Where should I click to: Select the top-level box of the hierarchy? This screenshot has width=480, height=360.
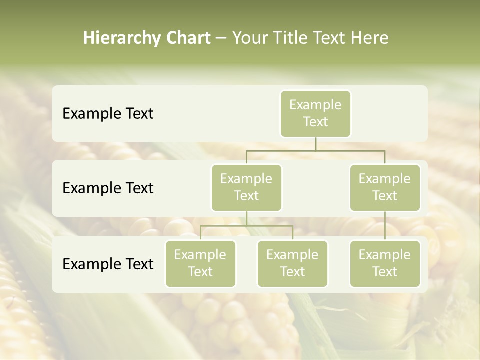315,114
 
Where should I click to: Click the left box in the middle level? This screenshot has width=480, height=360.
246,188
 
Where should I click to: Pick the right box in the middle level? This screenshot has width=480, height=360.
385,188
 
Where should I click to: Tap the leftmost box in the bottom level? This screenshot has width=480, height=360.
200,264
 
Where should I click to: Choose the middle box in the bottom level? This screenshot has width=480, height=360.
292,264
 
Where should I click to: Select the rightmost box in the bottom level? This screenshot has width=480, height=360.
385,264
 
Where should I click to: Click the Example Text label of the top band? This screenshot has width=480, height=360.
108,114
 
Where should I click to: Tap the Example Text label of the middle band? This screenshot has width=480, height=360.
108,188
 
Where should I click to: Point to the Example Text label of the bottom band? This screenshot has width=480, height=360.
108,264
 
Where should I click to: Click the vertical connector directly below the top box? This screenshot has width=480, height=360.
315,144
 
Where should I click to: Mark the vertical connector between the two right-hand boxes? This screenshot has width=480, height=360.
385,226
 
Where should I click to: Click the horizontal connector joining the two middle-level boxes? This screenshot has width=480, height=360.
315,150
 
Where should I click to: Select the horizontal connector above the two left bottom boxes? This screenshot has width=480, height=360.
246,226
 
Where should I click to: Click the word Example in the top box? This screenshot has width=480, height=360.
315,105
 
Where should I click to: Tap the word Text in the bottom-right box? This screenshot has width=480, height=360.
385,272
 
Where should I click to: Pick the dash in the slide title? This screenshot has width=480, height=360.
221,38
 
